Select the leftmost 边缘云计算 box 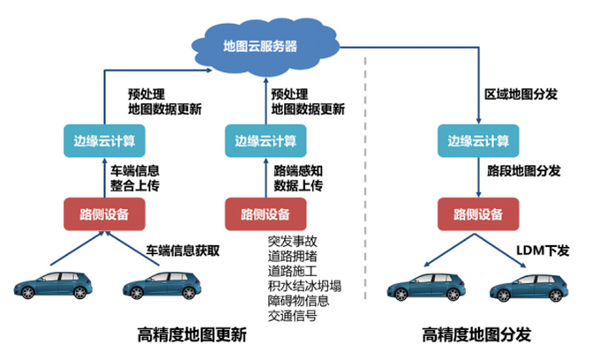pyautogui.click(x=105, y=140)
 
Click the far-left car pyautogui.click(x=52, y=288)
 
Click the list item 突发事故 pyautogui.click(x=292, y=240)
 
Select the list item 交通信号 pyautogui.click(x=292, y=314)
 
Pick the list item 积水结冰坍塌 pyautogui.click(x=304, y=284)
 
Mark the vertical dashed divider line pyautogui.click(x=367, y=176)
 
